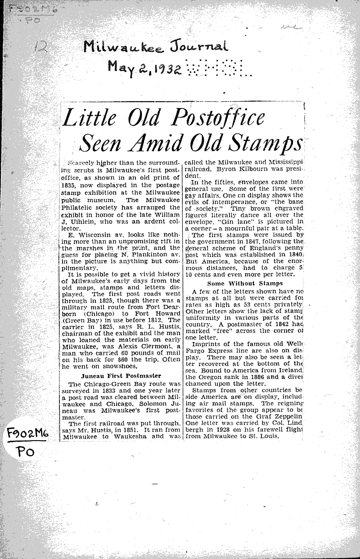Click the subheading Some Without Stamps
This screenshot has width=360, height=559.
(245, 283)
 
